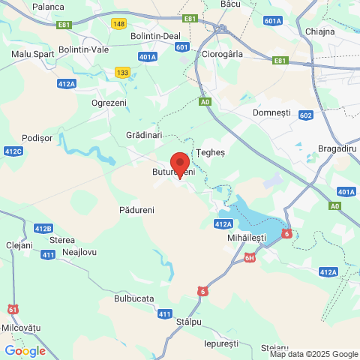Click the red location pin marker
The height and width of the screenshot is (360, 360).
(180, 163)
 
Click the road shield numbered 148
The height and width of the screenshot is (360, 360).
(118, 24)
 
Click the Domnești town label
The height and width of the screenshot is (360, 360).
(271, 112)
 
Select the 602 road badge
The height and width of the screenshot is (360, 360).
(304, 115)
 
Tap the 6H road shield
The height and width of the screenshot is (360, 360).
(250, 259)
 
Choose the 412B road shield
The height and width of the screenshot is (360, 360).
(43, 228)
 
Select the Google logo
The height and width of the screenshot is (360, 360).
(25, 350)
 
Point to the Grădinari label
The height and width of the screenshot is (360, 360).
(144, 135)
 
